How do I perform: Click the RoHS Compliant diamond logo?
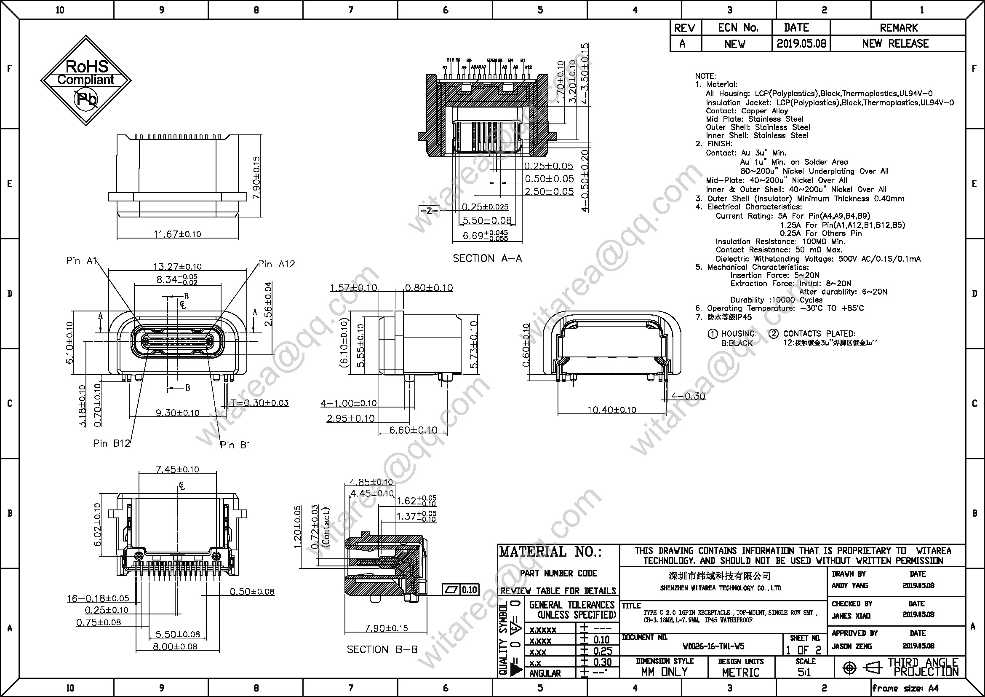pos(86,80)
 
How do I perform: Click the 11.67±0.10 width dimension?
pos(177,234)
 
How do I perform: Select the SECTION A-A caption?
pos(487,258)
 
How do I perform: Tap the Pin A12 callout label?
pos(277,264)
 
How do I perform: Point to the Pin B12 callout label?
pos(112,443)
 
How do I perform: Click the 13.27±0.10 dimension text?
pos(177,266)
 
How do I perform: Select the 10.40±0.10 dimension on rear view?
pos(611,410)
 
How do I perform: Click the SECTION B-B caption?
pos(382,649)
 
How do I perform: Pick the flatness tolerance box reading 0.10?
pos(461,590)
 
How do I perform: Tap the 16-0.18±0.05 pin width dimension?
pos(98,598)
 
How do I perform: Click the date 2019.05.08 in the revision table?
pos(801,44)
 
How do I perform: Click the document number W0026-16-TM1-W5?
pos(713,646)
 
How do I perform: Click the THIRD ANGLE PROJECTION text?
pos(922,667)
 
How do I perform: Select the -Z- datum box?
pos(429,211)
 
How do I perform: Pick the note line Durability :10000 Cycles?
pos(777,300)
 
